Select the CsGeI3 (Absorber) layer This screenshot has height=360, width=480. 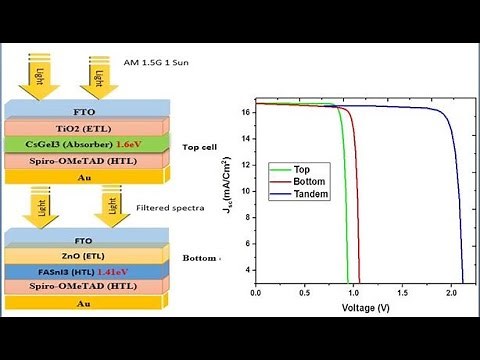coord(70,144)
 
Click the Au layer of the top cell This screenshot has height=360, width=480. coord(89,176)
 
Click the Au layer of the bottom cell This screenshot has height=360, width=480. coord(89,302)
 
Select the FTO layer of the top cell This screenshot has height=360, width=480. coord(89,109)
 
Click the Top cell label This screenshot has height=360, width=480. coord(203,147)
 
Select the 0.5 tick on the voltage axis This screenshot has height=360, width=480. coord(305,294)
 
